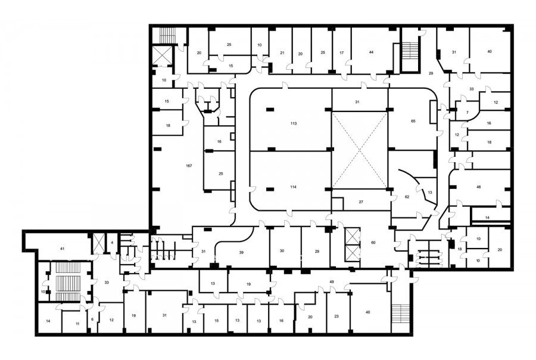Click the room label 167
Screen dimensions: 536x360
pyautogui.click(x=189, y=166)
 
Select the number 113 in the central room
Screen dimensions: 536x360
pyautogui.click(x=293, y=123)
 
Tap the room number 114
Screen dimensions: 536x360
pyautogui.click(x=293, y=187)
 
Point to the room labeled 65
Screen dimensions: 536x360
pyautogui.click(x=413, y=121)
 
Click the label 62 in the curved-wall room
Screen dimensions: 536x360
pyautogui.click(x=407, y=197)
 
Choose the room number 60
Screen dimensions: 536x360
pyautogui.click(x=373, y=243)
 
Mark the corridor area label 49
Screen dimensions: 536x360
pyautogui.click(x=332, y=282)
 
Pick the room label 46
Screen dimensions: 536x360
pyautogui.click(x=479, y=187)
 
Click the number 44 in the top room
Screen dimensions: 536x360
pyautogui.click(x=371, y=52)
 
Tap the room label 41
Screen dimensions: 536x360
pyautogui.click(x=62, y=249)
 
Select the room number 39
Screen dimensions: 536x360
pyautogui.click(x=241, y=253)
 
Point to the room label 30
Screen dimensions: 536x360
pyautogui.click(x=282, y=251)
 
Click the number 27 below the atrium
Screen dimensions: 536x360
pyautogui.click(x=361, y=202)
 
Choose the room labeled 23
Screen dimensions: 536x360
pyautogui.click(x=336, y=316)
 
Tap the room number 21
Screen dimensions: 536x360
pyautogui.click(x=282, y=53)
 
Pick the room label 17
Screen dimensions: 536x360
pyautogui.click(x=341, y=53)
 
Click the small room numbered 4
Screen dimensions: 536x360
pyautogui.click(x=112, y=243)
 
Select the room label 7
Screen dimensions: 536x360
pyautogui.click(x=468, y=113)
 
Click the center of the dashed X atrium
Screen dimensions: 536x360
pyautogui.click(x=360, y=151)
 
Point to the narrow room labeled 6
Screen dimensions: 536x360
pyautogui.click(x=92, y=319)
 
